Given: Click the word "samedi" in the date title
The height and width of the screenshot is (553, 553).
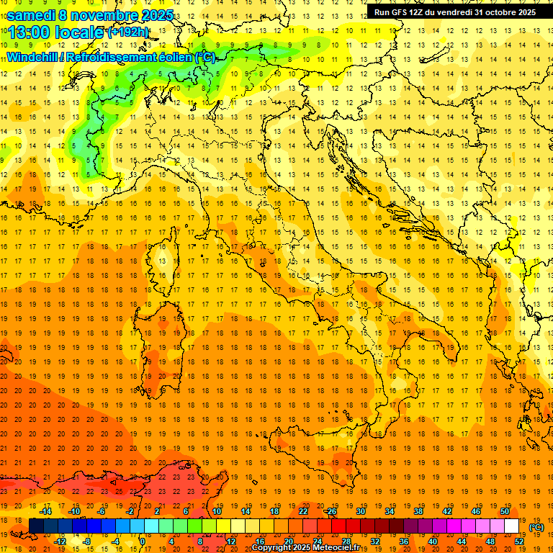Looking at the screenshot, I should [x=32, y=14].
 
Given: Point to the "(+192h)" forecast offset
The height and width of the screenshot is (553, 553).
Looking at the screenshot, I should [x=128, y=32].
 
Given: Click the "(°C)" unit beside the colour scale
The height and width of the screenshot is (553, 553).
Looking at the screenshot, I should [x=536, y=527].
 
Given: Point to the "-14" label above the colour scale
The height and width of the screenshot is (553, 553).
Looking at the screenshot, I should [x=45, y=511].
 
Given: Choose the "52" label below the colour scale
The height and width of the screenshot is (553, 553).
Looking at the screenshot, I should [x=518, y=542].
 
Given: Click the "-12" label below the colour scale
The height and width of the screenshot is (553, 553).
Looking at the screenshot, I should [x=60, y=542].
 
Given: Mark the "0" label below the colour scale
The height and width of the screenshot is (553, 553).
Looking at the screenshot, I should [x=143, y=542].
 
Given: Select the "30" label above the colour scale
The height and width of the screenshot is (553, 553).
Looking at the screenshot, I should [x=360, y=511].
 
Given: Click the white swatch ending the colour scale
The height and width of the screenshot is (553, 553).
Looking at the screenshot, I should [x=511, y=526].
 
